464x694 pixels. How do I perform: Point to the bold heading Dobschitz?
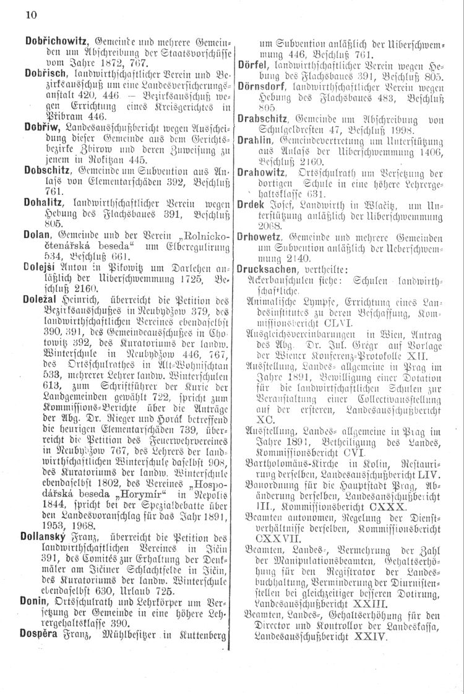[x=46, y=169]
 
